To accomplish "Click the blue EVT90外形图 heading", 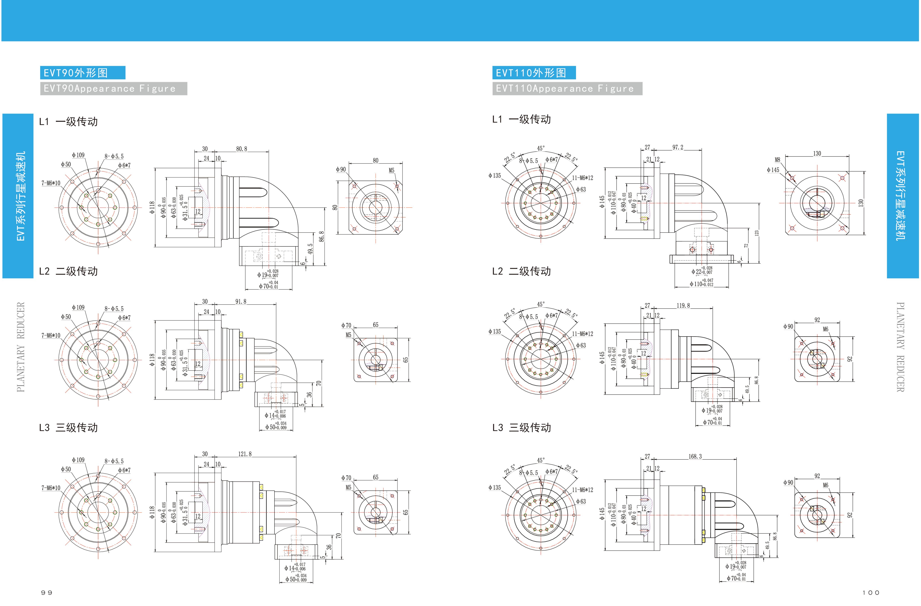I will [x=82, y=73].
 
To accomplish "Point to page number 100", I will [x=871, y=593].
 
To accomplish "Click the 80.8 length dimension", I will [x=241, y=149].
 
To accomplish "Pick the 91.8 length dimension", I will [x=241, y=301].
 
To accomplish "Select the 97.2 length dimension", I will [x=678, y=147].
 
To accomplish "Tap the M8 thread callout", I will [x=777, y=160].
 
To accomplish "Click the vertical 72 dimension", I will [x=746, y=246].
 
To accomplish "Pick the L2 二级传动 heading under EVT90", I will [x=69, y=271].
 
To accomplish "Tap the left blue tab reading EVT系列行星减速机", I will [x=18, y=196].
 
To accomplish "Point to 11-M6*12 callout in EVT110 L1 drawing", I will [x=582, y=178].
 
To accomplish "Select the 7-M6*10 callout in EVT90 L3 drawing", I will [x=51, y=488].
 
